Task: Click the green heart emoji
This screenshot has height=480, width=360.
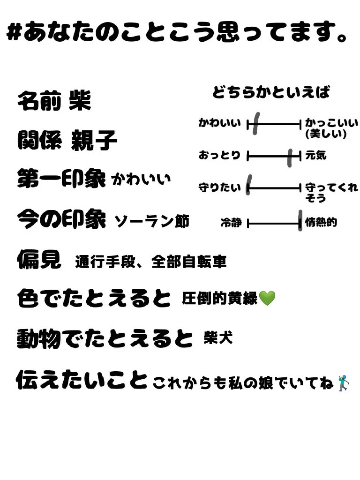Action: (267, 298)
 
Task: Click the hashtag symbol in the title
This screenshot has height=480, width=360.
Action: (14, 33)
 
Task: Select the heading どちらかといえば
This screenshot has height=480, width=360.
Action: (271, 92)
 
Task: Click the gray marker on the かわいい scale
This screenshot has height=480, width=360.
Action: (255, 124)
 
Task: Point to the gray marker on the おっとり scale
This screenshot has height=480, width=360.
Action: (291, 157)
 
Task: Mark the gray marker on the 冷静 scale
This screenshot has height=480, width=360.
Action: (300, 220)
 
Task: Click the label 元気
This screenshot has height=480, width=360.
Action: (315, 155)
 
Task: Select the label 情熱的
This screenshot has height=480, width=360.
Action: (321, 222)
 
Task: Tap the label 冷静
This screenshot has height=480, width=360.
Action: (231, 223)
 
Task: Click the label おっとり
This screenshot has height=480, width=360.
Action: (219, 155)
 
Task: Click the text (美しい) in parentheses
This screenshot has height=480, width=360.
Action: (326, 134)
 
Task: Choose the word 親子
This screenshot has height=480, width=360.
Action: (94, 141)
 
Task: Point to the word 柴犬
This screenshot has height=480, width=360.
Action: (218, 337)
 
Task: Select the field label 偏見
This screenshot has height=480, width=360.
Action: (39, 259)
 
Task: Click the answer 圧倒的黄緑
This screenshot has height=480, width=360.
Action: (220, 298)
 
